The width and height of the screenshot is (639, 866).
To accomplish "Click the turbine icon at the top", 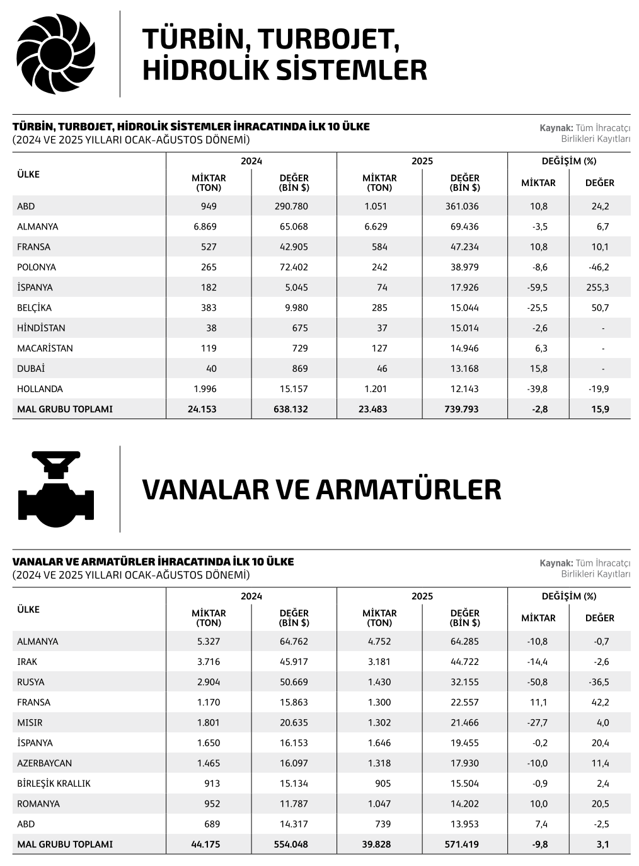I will click(x=55, y=54).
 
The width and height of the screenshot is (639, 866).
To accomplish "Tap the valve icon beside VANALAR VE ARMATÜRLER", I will click(x=56, y=489).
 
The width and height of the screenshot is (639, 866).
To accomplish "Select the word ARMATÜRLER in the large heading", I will click(x=408, y=490).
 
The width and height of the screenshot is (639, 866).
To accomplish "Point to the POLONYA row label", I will click(x=37, y=267).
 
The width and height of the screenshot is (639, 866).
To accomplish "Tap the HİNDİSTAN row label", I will click(x=41, y=328).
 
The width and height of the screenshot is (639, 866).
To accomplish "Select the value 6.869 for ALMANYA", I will click(x=205, y=226).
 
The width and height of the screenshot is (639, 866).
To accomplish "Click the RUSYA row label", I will click(x=31, y=682).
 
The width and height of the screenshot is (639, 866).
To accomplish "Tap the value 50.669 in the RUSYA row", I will click(x=294, y=682).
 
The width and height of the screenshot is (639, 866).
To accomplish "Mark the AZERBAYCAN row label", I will click(x=45, y=763).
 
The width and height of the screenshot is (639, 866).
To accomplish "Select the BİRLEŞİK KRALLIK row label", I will click(x=54, y=783).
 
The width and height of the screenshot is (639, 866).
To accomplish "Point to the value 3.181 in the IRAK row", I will click(x=379, y=662).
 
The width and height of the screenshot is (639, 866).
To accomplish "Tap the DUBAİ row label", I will click(x=31, y=369).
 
